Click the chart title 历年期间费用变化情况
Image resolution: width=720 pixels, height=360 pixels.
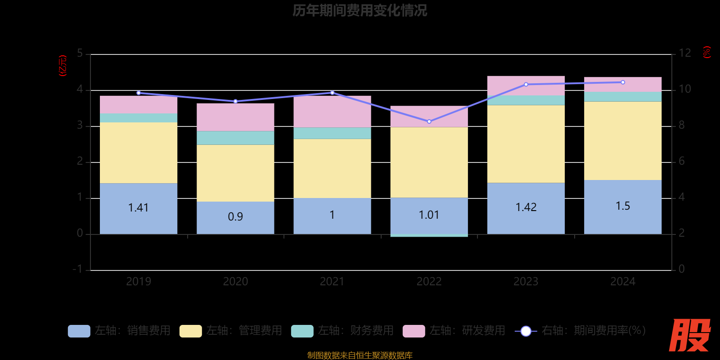[360, 10]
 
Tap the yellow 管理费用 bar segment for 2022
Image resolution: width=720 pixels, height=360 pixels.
[429, 162]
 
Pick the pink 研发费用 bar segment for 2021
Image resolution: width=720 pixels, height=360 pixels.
[332, 112]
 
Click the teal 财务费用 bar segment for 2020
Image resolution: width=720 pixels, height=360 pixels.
[235, 138]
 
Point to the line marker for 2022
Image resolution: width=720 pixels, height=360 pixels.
[429, 121]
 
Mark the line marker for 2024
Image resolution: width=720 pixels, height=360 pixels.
[623, 82]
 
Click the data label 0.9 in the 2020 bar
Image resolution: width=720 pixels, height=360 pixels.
[235, 217]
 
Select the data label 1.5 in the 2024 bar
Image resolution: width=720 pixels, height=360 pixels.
[623, 206]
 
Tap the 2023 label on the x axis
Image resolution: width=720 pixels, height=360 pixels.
[526, 282]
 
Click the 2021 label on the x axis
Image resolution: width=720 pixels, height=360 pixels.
[332, 282]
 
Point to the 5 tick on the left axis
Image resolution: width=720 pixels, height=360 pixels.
[80, 54]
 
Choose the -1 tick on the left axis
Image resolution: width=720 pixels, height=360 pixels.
[78, 269]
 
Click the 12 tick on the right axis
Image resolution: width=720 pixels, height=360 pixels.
[684, 54]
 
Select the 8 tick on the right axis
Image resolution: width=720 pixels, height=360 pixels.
[681, 125]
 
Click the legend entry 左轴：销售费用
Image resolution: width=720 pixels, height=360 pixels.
[119, 331]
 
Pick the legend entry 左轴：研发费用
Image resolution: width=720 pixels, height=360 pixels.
[454, 331]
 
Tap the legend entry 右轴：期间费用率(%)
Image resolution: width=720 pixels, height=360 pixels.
[580, 331]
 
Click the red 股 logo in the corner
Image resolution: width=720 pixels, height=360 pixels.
[689, 335]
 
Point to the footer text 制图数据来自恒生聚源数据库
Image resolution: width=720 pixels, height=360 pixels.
[360, 355]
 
